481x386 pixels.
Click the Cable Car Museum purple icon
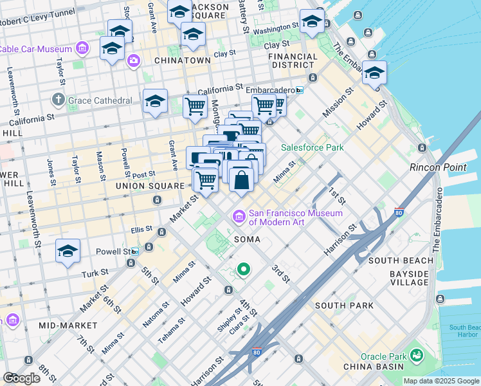click(82, 48)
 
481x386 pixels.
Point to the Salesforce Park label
click(312, 147)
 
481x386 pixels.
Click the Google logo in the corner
click(21, 378)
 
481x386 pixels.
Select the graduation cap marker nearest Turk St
click(68, 252)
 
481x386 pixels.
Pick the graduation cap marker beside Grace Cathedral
click(155, 102)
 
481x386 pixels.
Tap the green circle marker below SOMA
click(244, 270)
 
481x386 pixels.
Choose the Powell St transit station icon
click(134, 252)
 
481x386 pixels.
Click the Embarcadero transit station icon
click(299, 90)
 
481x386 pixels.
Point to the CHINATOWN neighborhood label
click(183, 60)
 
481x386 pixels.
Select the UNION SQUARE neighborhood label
click(150, 186)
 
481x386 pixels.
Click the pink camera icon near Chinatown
click(133, 62)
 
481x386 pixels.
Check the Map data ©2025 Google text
click(440, 381)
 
